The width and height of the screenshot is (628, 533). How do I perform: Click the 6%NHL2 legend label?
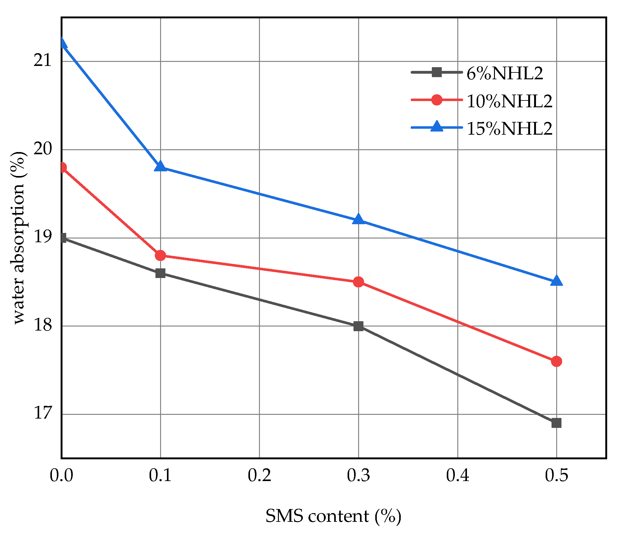tap(505, 74)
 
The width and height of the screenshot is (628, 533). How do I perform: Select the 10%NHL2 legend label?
tap(510, 101)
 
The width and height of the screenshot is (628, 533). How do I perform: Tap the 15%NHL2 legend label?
tap(510, 128)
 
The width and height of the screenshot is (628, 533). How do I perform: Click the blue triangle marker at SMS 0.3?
tap(358, 220)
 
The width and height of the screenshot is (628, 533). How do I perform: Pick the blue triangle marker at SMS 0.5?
tap(556, 281)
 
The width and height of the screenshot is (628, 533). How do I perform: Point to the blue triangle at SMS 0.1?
tap(160, 167)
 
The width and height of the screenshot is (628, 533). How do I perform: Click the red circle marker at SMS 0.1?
tap(160, 256)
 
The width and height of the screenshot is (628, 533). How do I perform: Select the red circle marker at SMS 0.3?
tap(358, 282)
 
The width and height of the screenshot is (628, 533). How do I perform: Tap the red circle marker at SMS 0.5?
tap(556, 361)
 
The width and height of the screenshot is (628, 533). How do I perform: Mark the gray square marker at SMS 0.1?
tap(160, 273)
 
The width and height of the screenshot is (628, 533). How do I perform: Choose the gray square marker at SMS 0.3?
tap(358, 326)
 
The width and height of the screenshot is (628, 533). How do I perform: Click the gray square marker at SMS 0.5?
tap(556, 423)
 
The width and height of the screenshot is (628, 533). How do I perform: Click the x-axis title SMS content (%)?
tap(333, 517)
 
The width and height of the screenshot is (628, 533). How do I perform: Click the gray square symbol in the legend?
tap(437, 72)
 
